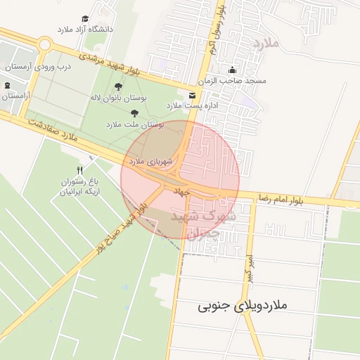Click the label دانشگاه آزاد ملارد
coord(88,30)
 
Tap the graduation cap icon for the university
coord(85,18)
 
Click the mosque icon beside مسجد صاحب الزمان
coord(233,70)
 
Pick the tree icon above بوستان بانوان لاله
coord(118,86)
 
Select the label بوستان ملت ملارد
coord(134,124)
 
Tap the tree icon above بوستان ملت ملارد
coord(134,112)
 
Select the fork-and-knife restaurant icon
coord(79,170)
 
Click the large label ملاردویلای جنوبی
coord(243,306)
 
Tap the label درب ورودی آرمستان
coord(40,67)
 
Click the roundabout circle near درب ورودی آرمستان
coord(45,44)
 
